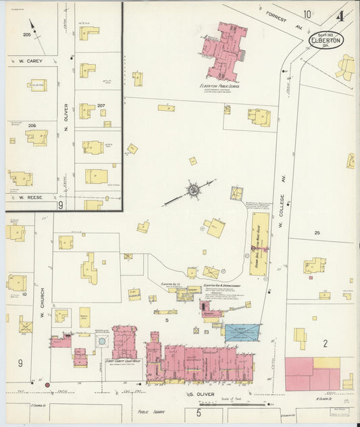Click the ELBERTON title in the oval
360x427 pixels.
[x=326, y=41]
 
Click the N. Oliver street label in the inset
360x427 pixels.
[x=66, y=114]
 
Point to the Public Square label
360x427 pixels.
[x=152, y=410]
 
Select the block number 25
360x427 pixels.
[x=317, y=232]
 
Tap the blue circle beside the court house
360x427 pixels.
[x=102, y=342]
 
